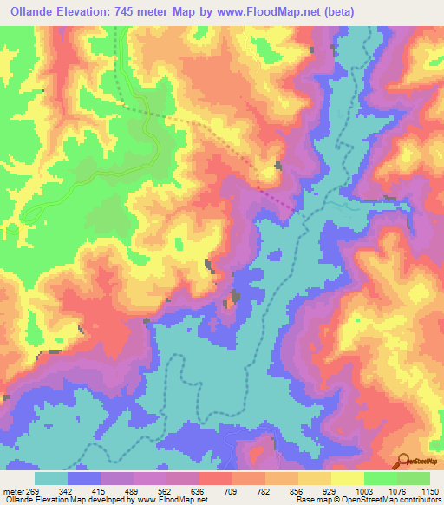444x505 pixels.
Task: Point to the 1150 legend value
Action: click(424, 490)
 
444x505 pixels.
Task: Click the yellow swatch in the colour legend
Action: click(347, 478)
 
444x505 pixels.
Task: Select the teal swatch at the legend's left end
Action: click(51, 478)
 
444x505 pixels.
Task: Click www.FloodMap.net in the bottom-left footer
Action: click(164, 500)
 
